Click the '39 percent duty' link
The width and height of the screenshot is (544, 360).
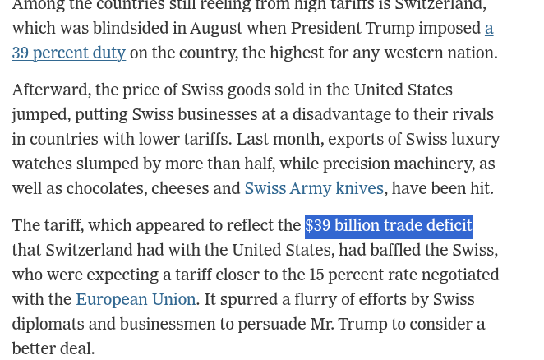point(68,53)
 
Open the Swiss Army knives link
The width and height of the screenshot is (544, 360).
point(314,188)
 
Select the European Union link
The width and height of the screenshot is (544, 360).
point(136,299)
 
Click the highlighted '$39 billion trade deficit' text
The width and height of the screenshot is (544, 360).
point(388,225)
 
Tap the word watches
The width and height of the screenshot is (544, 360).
point(42,164)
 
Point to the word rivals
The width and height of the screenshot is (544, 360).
point(469,114)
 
